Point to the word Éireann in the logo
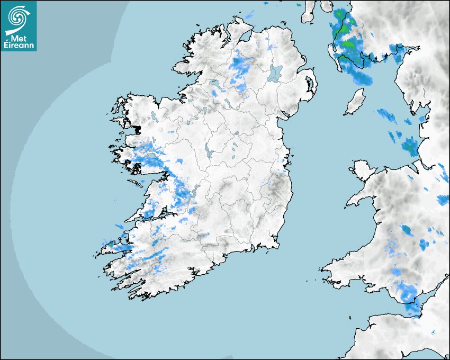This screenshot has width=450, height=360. click(x=19, y=46)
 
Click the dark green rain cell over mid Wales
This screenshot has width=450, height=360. click(x=407, y=229)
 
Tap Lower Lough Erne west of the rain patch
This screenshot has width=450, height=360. click(x=217, y=85)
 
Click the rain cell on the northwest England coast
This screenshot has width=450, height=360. click(x=410, y=146)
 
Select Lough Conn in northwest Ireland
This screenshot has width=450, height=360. click(x=154, y=115)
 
